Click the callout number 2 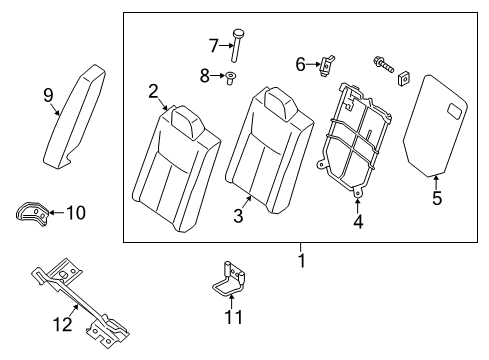[154, 92]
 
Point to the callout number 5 [436, 198]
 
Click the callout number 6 [300, 64]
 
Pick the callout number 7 [213, 44]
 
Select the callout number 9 [48, 95]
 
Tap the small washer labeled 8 [231, 76]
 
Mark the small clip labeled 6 [325, 66]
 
